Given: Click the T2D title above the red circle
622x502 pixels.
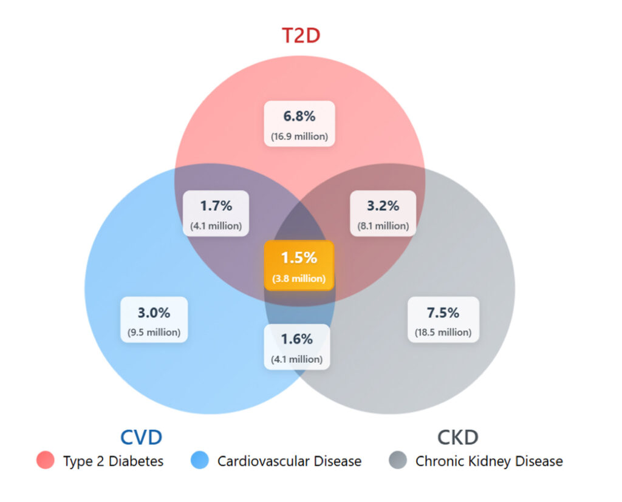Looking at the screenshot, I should pyautogui.click(x=300, y=35).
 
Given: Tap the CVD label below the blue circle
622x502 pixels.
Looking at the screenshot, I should pyautogui.click(x=141, y=438).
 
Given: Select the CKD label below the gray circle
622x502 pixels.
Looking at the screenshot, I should pyautogui.click(x=457, y=438).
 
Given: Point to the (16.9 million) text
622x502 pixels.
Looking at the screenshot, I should pyautogui.click(x=299, y=136).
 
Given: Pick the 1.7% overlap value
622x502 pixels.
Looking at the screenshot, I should pyautogui.click(x=216, y=205).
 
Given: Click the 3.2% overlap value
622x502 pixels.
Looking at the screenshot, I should pyautogui.click(x=383, y=205).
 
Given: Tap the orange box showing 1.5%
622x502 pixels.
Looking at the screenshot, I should pyautogui.click(x=299, y=265).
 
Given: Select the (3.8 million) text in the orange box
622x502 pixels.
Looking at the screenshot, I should pyautogui.click(x=299, y=279).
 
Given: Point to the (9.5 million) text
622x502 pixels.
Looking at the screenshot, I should pyautogui.click(x=154, y=332).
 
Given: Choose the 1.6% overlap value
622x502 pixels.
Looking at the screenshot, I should pyautogui.click(x=296, y=339).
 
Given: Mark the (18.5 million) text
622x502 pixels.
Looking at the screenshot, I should pyautogui.click(x=443, y=332).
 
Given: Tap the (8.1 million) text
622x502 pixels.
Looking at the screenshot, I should pyautogui.click(x=383, y=226).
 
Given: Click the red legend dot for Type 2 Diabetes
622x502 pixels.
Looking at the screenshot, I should pyautogui.click(x=45, y=461).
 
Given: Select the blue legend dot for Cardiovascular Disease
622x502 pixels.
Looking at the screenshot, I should pyautogui.click(x=199, y=461).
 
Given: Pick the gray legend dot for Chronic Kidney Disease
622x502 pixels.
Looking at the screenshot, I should pyautogui.click(x=397, y=461).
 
